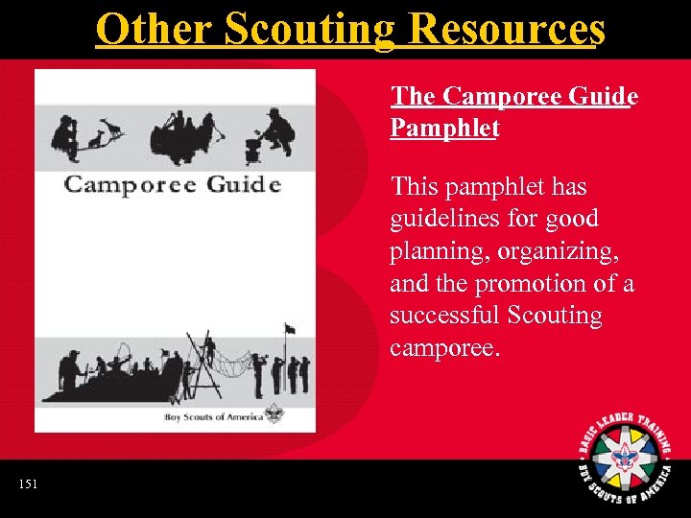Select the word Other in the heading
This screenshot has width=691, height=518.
pos(155,29)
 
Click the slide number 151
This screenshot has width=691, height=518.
pos(29,484)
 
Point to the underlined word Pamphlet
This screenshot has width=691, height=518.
pos(444,128)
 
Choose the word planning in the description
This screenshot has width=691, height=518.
pos(434,251)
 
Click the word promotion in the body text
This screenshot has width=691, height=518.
pos(538,284)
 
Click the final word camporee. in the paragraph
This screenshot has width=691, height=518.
pos(444,347)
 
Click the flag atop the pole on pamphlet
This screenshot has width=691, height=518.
pos(289,329)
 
